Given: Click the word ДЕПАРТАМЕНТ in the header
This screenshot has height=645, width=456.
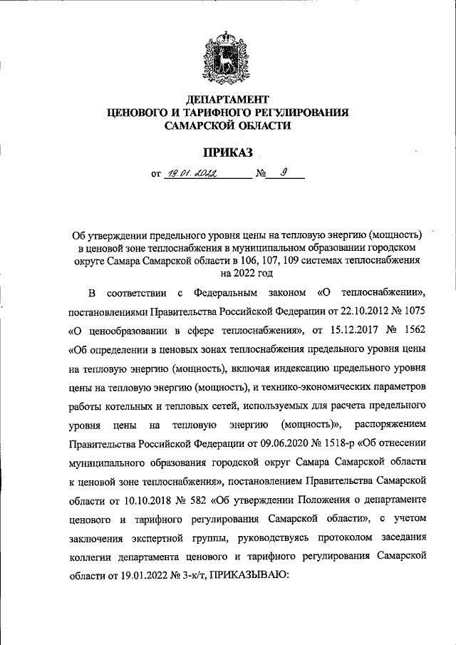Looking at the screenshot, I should pyautogui.click(x=227, y=99).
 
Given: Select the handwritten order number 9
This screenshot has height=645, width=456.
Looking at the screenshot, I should pyautogui.click(x=283, y=172).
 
